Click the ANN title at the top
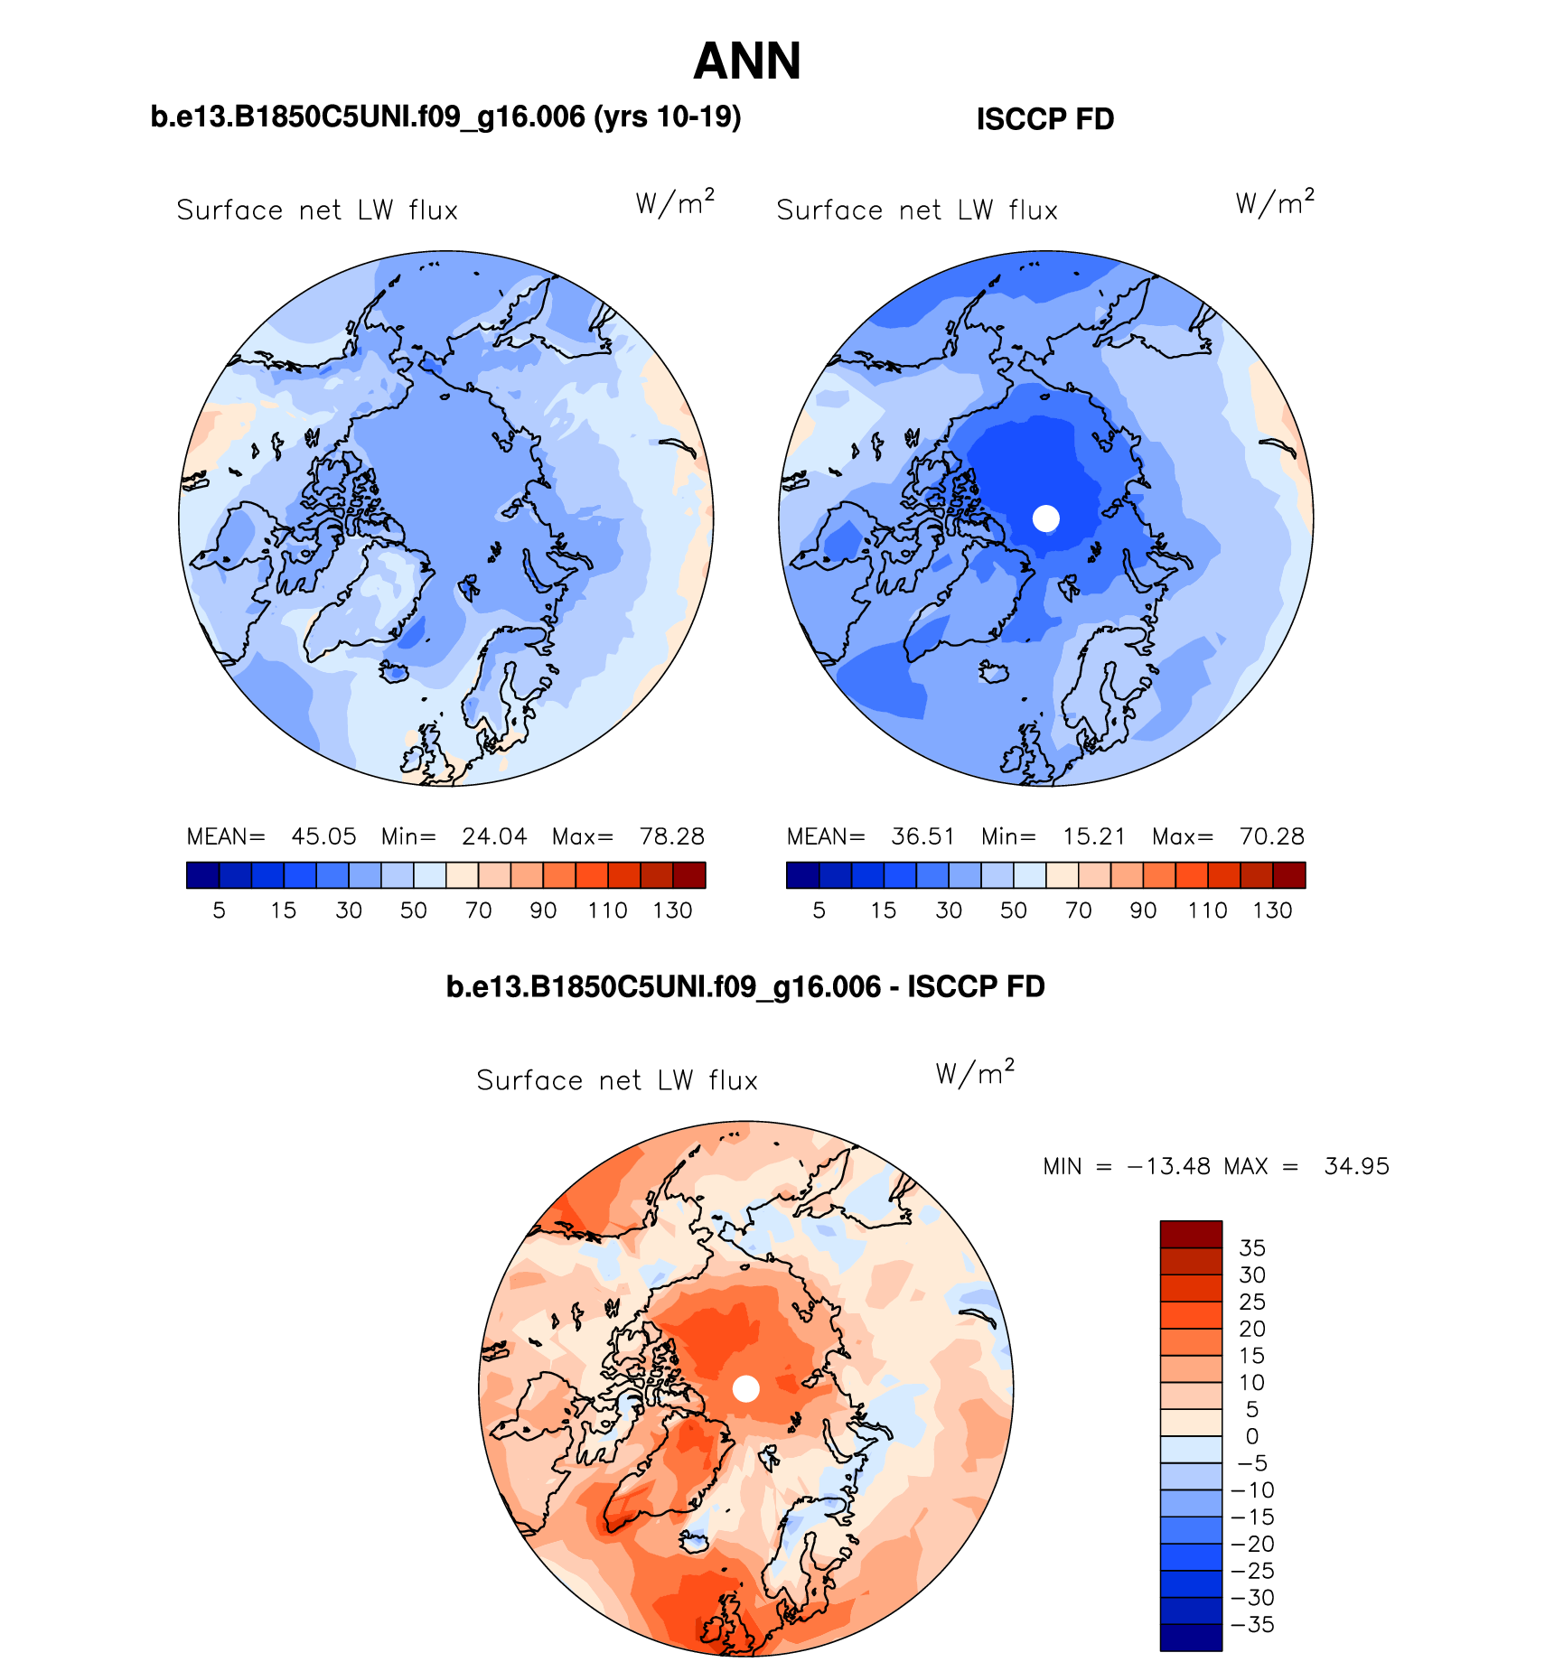coord(747,61)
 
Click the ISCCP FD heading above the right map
coord(1045,119)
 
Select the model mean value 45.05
coord(323,836)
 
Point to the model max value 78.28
coord(671,836)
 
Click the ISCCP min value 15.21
coord(1093,836)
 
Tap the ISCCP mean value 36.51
coord(922,836)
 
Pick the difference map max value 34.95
coord(1356,1166)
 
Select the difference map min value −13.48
coord(1168,1166)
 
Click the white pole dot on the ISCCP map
coord(1045,518)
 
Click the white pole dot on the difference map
coord(745,1388)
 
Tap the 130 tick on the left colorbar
coord(672,910)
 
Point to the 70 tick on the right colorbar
coord(1079,910)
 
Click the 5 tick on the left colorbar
coord(219,910)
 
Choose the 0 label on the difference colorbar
coord(1251,1436)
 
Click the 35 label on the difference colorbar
coord(1252,1248)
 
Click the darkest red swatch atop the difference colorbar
coord(1191,1234)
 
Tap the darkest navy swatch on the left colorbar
coord(202,875)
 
